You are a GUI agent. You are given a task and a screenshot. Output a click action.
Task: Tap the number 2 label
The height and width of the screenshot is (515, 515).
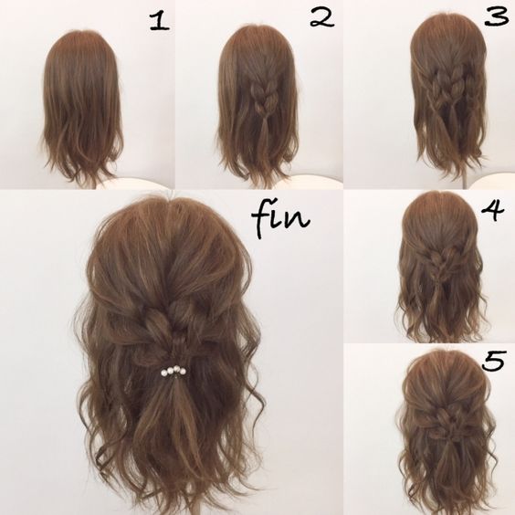tap(321, 19)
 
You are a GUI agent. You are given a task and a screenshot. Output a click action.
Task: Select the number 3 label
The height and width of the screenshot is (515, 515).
tap(497, 17)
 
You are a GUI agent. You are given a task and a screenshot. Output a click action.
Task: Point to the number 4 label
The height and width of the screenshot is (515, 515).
tap(491, 212)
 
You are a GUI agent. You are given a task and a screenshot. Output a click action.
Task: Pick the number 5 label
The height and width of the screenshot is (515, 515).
tap(493, 361)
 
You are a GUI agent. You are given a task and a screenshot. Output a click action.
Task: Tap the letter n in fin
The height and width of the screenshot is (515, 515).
tap(300, 220)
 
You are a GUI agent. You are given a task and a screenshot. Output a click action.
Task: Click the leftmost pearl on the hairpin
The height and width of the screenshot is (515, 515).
tap(163, 373)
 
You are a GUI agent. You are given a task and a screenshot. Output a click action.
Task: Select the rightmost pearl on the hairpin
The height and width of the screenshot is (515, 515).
tap(184, 372)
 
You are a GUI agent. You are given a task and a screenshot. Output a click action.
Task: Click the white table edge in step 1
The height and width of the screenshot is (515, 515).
tap(142, 183)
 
